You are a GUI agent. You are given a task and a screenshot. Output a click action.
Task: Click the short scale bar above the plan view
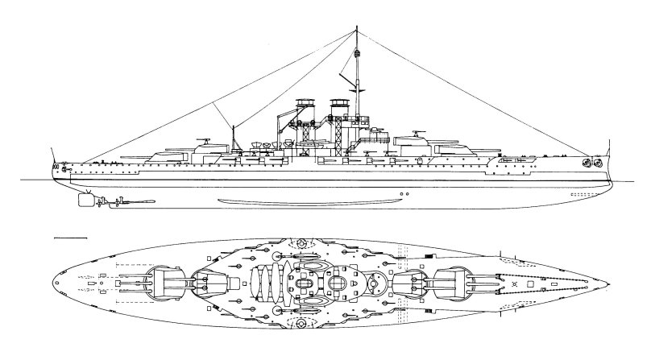click(x=69, y=238)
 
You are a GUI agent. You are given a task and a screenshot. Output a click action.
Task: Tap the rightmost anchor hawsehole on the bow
click(x=598, y=163)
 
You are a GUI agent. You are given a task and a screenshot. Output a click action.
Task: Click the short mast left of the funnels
click(x=233, y=137)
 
